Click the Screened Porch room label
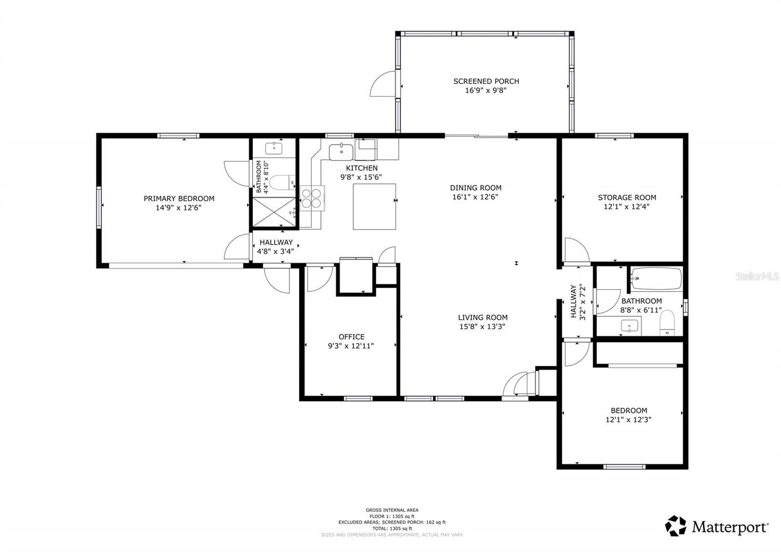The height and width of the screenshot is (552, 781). coord(486,81)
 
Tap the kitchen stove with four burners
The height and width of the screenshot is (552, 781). coord(312,198)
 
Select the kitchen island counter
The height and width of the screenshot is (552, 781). coord(374,206)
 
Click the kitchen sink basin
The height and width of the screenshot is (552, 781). coord(341,152)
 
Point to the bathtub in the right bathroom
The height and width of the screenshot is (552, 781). coord(656,278)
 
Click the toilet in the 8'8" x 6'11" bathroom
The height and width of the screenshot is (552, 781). coord(667,323)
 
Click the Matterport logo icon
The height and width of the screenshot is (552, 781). coord(676,526)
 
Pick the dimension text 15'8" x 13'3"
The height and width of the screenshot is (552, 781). coord(482,326)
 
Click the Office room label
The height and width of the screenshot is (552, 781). coord(351,337)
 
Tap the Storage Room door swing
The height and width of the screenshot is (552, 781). coord(576,249)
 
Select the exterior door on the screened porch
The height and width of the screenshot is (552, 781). coord(382,84)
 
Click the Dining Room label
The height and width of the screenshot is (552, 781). coord(475,188)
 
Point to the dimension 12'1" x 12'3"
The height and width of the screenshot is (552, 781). coord(628,420)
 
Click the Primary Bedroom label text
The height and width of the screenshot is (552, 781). coord(179,198)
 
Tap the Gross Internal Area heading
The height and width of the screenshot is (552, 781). coord(392,510)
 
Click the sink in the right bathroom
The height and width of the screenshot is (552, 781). coord(630,325)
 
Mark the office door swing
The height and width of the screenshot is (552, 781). coord(319,278)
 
